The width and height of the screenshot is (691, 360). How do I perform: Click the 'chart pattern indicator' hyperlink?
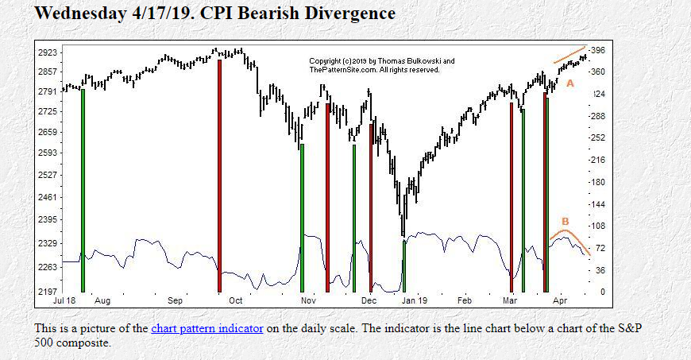pyautogui.click(x=207, y=327)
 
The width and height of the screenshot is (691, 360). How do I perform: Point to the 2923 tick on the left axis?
pyautogui.click(x=48, y=52)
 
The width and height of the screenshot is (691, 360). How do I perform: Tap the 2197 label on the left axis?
pyautogui.click(x=48, y=292)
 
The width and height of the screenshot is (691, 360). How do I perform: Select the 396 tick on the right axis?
pyautogui.click(x=597, y=50)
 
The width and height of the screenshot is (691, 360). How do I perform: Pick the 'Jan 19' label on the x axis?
pyautogui.click(x=413, y=302)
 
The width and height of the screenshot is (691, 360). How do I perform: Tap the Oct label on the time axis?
pyautogui.click(x=235, y=302)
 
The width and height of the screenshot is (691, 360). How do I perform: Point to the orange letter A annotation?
pyautogui.click(x=569, y=83)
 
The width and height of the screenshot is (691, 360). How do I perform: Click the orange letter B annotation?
pyautogui.click(x=566, y=221)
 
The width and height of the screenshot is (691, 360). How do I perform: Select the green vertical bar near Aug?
pyautogui.click(x=83, y=191)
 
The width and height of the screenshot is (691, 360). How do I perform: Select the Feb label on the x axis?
pyautogui.click(x=465, y=302)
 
